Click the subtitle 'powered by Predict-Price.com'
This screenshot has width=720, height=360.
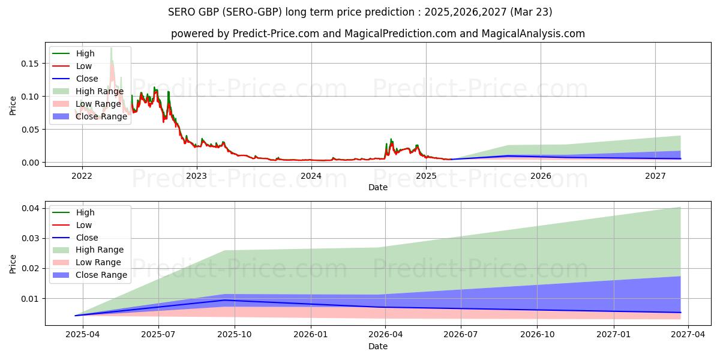377,34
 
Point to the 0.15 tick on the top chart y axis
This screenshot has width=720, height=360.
29,64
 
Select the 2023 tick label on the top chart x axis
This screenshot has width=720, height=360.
196,176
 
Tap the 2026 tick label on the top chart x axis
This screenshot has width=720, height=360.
541,176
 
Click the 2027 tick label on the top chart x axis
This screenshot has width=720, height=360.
655,176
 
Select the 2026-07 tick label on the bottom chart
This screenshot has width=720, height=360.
460,335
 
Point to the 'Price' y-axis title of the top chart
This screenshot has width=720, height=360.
13,105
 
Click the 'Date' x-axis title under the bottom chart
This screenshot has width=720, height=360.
377,346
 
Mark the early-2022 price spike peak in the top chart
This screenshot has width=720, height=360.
111,48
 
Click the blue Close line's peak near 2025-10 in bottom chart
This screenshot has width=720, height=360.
225,300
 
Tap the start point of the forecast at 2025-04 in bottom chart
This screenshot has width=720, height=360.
76,315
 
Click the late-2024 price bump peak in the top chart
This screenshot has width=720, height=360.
391,139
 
